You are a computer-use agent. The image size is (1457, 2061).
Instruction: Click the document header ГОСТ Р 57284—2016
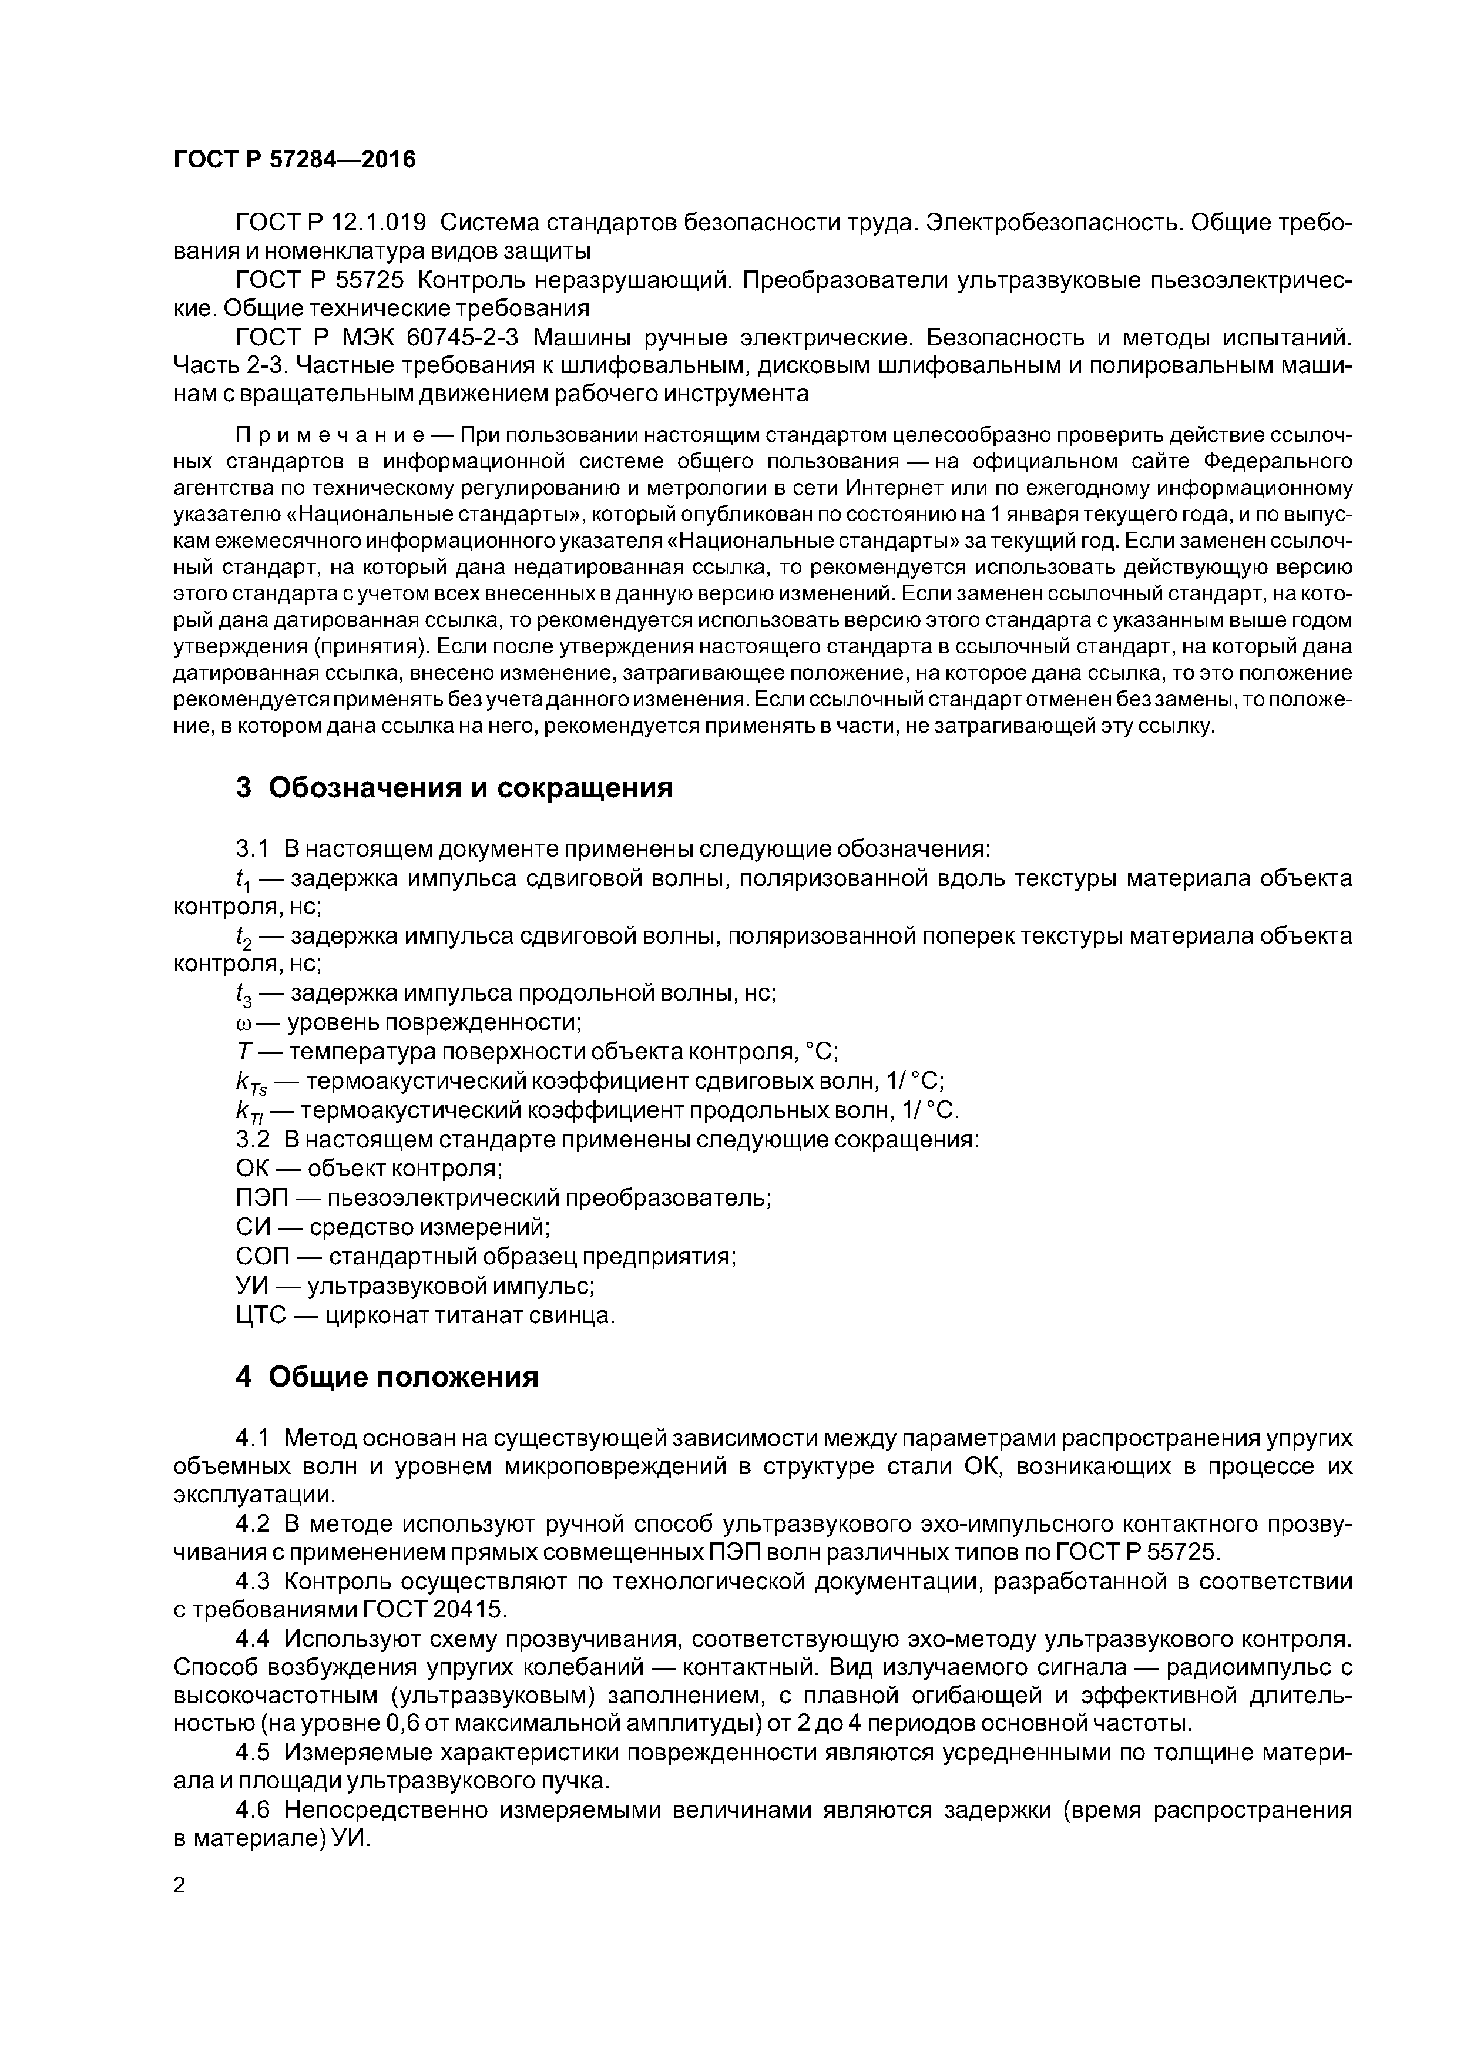click(x=294, y=160)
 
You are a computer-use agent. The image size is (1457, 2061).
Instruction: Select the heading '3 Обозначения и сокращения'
click(x=454, y=787)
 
